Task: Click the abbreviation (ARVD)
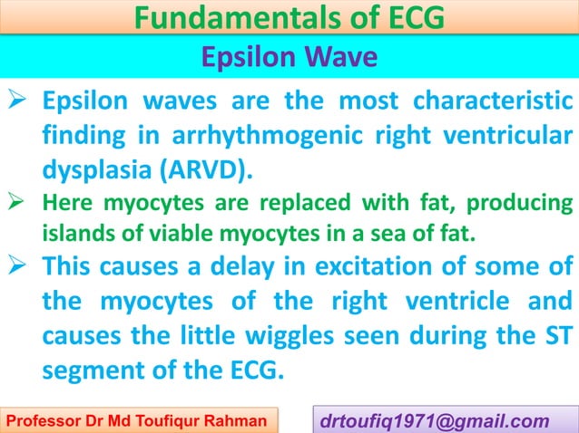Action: (201, 169)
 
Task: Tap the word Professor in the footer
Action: (40, 419)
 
